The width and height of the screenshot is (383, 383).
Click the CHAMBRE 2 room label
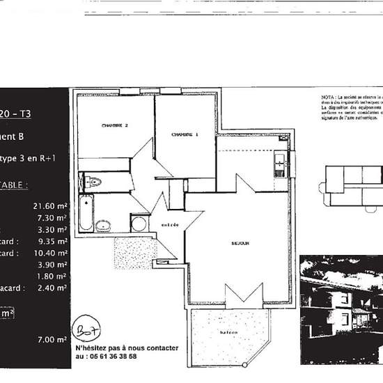[114, 125]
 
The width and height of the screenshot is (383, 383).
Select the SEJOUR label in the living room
[240, 243]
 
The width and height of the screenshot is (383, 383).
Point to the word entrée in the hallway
[171, 224]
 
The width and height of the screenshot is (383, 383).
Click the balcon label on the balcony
[229, 333]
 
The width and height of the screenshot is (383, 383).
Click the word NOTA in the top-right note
[328, 97]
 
